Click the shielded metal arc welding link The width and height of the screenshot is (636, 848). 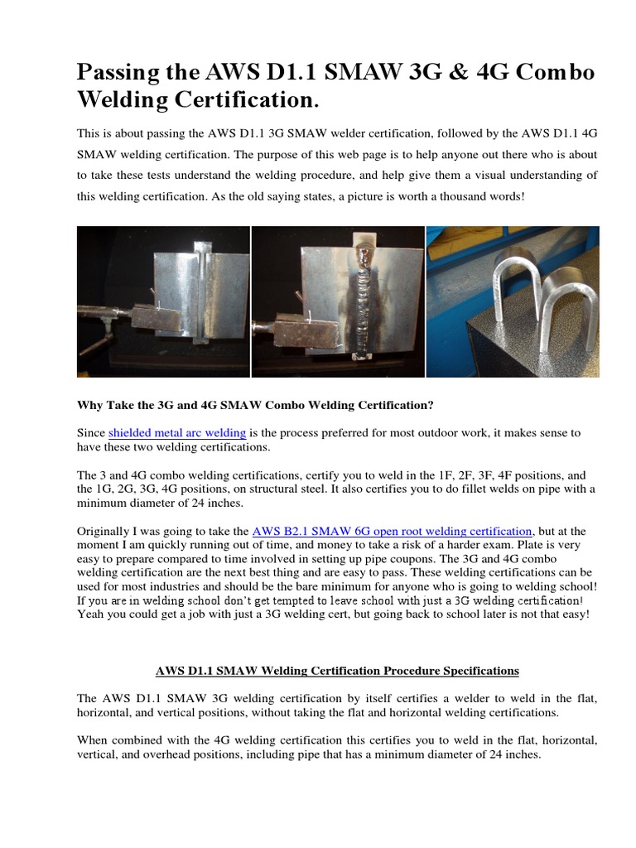point(177,432)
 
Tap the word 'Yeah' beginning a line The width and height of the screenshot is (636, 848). point(91,615)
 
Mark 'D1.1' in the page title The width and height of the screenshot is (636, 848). point(282,73)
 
